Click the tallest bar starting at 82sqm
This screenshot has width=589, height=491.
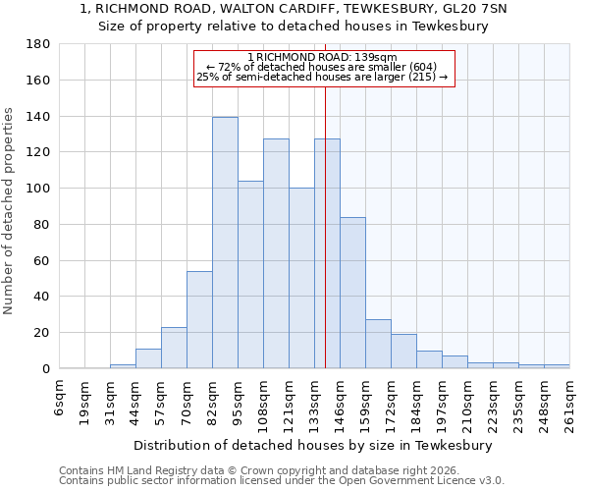coord(225,243)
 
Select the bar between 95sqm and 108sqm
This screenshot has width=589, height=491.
coord(250,275)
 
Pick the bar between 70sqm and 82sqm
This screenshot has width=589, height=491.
coord(199,319)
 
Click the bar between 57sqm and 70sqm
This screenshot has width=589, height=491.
coord(174,348)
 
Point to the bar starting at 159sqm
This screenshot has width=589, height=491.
coord(378,344)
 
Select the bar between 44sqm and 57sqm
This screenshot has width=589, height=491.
coord(148,358)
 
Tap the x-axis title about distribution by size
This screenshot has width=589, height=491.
coord(313,445)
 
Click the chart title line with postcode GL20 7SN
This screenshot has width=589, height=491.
coord(294,9)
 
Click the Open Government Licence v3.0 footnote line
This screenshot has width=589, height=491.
coord(282,480)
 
